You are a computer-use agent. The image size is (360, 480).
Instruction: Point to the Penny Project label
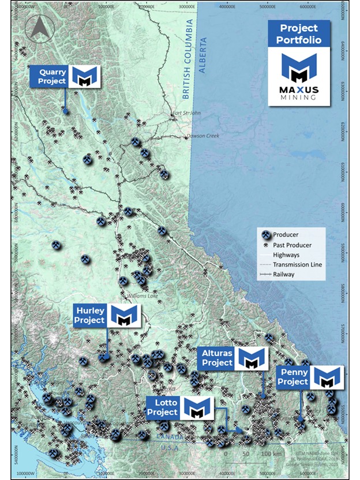292,377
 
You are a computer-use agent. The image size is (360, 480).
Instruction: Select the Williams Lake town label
141,295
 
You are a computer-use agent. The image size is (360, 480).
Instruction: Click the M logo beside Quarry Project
85,76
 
